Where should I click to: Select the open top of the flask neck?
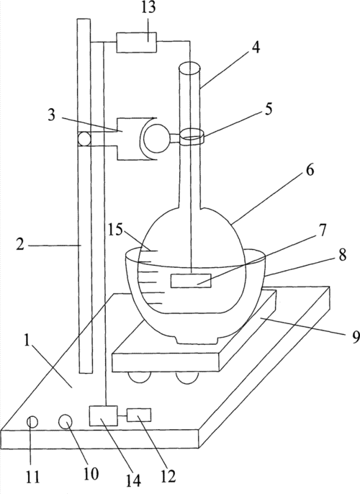coord(188,68)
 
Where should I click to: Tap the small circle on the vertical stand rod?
coord(84,139)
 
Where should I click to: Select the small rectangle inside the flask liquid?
coord(191,281)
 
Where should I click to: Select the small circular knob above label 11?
coord(32,422)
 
